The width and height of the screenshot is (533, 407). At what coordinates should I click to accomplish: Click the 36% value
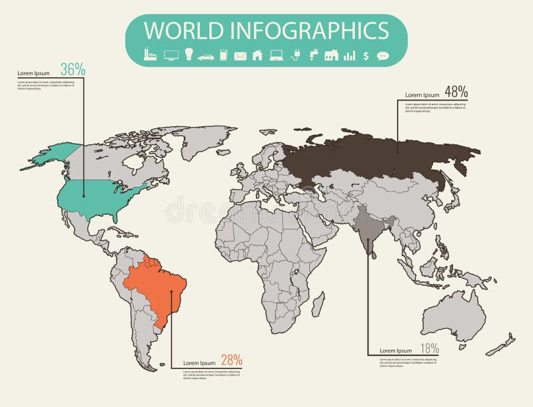73,68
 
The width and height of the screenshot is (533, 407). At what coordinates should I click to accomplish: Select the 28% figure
230,360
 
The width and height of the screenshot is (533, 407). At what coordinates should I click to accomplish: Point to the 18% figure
429,348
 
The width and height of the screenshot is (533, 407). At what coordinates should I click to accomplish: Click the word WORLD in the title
184,31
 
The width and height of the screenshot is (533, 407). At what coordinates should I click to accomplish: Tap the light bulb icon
189,55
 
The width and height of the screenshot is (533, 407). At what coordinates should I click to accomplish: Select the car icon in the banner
206,57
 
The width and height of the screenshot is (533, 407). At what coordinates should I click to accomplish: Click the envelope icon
240,57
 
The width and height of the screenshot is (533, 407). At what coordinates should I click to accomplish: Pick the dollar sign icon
366,56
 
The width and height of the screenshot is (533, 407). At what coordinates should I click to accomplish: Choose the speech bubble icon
382,56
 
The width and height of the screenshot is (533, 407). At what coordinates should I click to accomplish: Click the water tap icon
313,55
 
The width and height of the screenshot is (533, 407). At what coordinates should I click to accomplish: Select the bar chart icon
349,56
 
